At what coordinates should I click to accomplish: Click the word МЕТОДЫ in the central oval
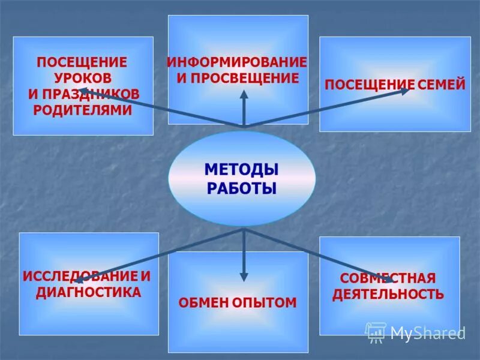pyautogui.click(x=241, y=170)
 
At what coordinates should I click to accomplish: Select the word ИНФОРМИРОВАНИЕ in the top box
pyautogui.click(x=237, y=62)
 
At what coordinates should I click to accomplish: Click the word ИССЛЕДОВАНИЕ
pyautogui.click(x=79, y=277)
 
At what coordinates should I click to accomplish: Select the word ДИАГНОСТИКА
pyautogui.click(x=89, y=293)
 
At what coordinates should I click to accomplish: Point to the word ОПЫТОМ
pyautogui.click(x=265, y=302)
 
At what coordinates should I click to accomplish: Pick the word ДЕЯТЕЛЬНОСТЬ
pyautogui.click(x=388, y=294)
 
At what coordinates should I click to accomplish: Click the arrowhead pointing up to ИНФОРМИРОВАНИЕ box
pyautogui.click(x=244, y=95)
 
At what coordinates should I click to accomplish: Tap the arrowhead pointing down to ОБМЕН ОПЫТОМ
pyautogui.click(x=244, y=277)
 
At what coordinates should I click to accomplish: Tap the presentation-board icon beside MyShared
pyautogui.click(x=376, y=332)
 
